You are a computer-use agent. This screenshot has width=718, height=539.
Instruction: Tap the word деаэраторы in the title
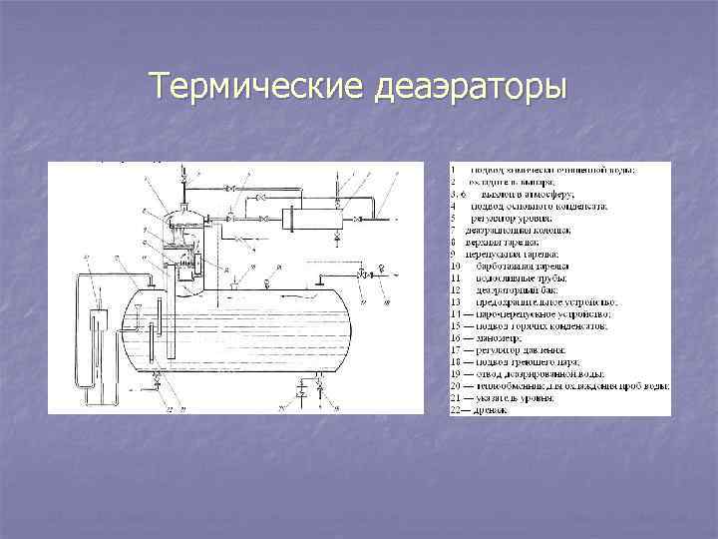469,88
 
